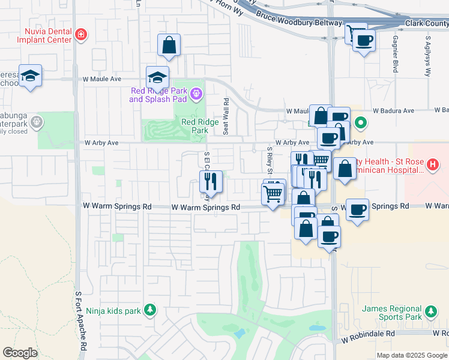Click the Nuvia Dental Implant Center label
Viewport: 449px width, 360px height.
[x=47, y=36]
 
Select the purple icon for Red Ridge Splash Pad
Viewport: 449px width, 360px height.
[x=196, y=94]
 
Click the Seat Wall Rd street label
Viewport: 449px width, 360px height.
[x=226, y=116]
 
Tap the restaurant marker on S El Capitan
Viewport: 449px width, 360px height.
[x=211, y=182]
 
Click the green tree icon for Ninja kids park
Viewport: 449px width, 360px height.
[x=150, y=310]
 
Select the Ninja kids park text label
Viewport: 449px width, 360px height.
[x=113, y=311]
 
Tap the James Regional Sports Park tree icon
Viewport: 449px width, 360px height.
[x=430, y=311]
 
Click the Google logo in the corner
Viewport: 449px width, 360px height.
[x=20, y=353]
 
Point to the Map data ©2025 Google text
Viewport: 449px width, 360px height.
[x=412, y=355]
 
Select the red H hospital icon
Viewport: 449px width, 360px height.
[x=433, y=163]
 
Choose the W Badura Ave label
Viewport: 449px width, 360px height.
[x=393, y=111]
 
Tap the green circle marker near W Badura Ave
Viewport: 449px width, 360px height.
[x=360, y=124]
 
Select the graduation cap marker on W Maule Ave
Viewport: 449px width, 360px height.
[x=157, y=78]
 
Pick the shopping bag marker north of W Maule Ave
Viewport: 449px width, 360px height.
[x=169, y=45]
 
